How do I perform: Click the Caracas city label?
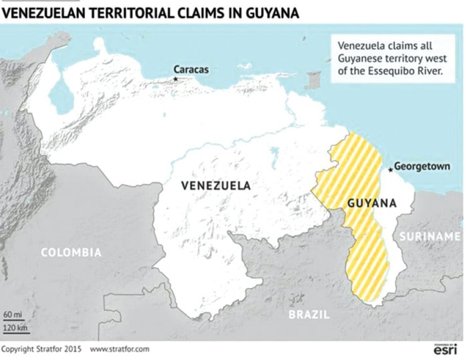191,70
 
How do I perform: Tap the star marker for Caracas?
176,78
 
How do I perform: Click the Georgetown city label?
422,166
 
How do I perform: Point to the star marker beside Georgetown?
390,170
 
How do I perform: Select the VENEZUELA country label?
216,186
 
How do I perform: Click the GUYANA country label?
372,203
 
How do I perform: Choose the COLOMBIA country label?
71,252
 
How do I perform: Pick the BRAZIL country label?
309,314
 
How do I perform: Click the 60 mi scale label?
10,313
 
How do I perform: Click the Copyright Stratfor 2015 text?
41,349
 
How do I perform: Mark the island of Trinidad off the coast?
313,80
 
